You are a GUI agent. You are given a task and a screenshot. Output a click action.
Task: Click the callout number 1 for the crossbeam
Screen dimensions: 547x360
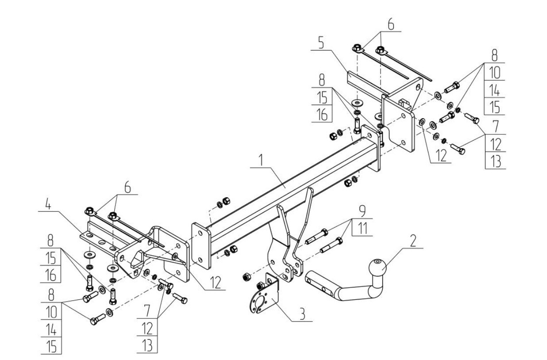click(261, 161)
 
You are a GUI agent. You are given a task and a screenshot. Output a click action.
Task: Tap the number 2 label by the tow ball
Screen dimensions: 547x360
click(413, 241)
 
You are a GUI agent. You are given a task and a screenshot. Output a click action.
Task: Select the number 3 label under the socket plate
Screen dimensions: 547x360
click(303, 314)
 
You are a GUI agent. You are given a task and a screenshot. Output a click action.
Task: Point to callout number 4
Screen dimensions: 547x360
click(48, 204)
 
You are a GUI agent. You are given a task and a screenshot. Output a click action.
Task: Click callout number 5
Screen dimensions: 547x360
click(321, 43)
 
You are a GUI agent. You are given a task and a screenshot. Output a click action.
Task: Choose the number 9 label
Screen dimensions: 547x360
click(362, 211)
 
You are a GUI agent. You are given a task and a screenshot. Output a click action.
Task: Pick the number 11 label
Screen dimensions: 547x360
click(362, 229)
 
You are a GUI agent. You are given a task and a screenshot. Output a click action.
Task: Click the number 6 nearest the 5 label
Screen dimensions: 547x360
click(391, 25)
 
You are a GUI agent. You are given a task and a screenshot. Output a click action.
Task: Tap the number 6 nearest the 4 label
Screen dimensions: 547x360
click(127, 188)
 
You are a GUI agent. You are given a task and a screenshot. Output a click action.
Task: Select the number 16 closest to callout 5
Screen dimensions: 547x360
click(322, 115)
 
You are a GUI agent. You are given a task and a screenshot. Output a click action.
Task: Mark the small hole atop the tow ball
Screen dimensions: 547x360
click(377, 261)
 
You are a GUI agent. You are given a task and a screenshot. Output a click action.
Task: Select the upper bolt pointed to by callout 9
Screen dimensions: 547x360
click(316, 236)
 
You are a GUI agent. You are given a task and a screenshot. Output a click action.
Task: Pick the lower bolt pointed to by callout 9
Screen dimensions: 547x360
click(331, 245)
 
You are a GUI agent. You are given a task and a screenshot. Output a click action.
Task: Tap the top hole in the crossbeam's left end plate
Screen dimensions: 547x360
click(200, 234)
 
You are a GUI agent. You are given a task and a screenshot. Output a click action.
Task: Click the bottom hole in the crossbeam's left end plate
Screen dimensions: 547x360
click(200, 260)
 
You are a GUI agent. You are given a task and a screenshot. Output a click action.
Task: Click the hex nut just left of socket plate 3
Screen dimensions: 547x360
click(246, 277)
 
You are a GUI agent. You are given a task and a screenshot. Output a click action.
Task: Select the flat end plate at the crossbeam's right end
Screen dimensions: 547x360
click(371, 148)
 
